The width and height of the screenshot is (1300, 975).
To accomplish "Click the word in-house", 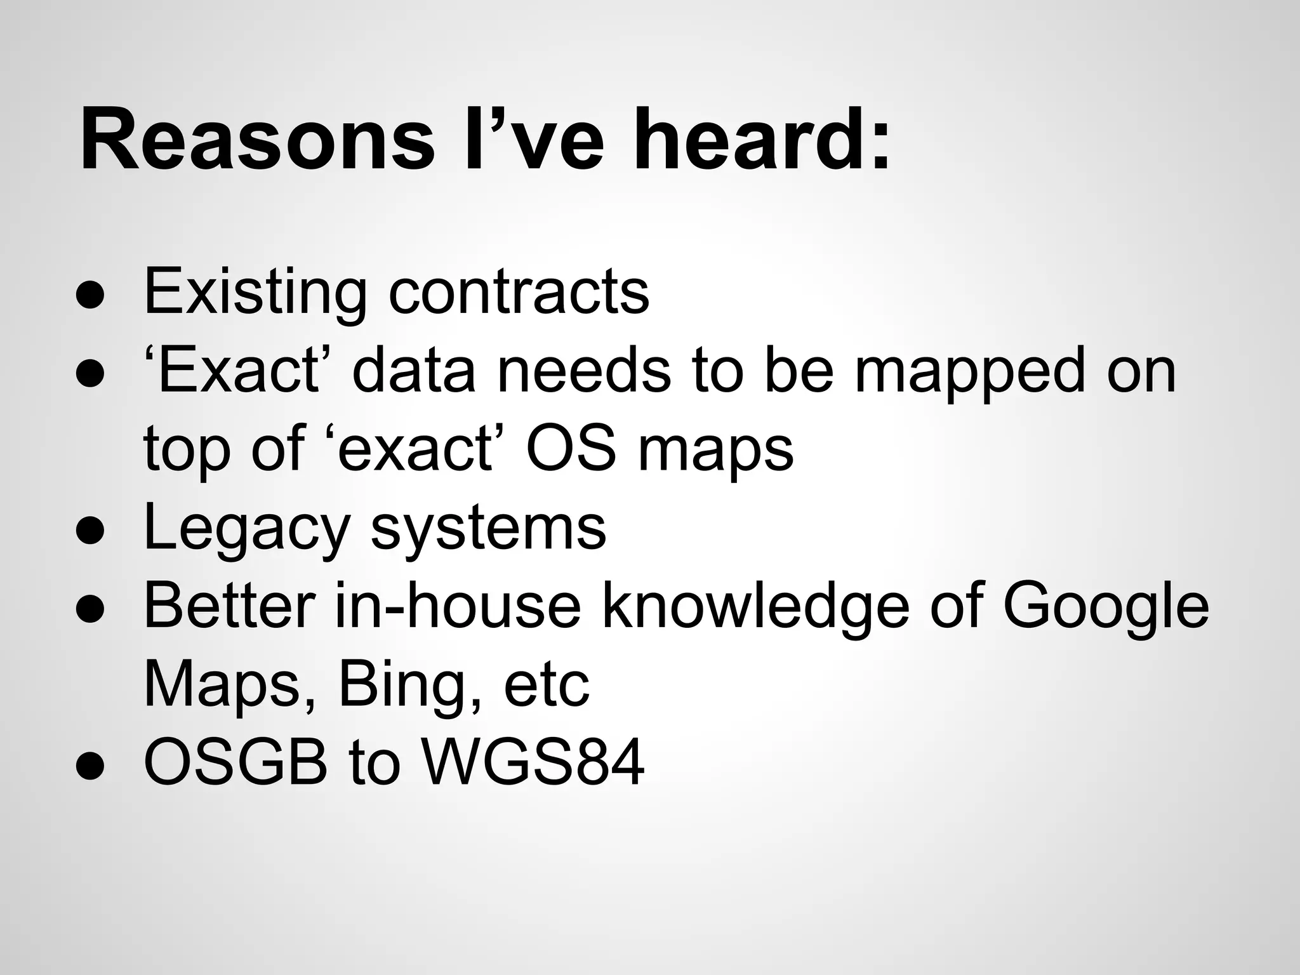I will [x=458, y=606].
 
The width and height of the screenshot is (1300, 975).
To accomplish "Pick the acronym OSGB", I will [x=235, y=762].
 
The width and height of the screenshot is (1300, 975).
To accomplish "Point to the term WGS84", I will [x=533, y=762].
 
